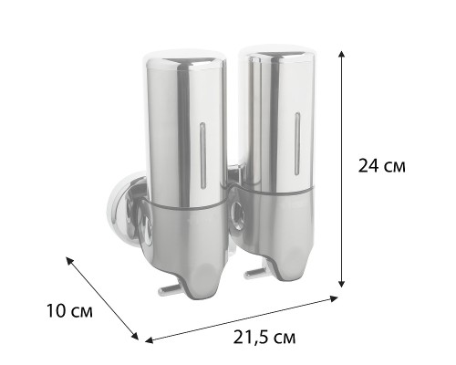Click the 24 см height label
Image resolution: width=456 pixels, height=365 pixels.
pos(382,166)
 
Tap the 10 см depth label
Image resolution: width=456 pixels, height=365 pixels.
pos(69,311)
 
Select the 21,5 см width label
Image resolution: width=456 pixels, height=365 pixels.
pos(264,337)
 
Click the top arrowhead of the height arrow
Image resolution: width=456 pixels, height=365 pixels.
pos(342,55)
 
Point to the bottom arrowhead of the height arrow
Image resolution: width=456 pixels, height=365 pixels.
pos(342,284)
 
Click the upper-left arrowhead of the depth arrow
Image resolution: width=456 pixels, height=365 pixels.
pos(70,261)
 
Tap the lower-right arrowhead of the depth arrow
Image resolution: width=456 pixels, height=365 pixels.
pos(135,335)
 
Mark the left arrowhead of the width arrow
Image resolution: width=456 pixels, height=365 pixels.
pos(149,340)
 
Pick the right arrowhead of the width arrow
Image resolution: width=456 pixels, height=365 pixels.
pos(334,298)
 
